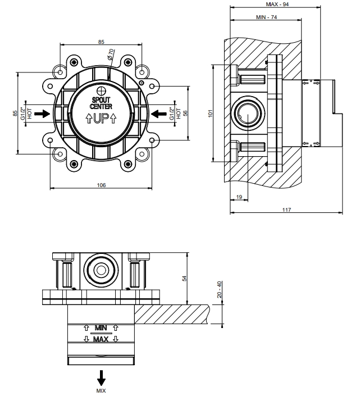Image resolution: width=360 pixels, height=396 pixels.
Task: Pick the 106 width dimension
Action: (x=101, y=185)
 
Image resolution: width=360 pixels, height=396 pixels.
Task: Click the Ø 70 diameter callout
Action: (x=111, y=53)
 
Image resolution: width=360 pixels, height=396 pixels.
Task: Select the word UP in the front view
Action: (x=101, y=119)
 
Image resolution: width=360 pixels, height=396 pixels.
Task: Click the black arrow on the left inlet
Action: (x=42, y=113)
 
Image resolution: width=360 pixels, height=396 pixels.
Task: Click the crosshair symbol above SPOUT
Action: (x=101, y=91)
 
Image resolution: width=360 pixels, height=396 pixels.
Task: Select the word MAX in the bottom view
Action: (x=101, y=340)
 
